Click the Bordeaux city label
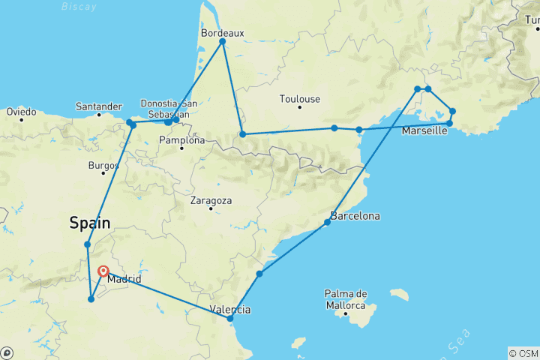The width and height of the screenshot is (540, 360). (x=222, y=33)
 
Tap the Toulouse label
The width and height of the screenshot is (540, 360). (x=299, y=99)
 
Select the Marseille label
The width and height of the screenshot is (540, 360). (x=425, y=131)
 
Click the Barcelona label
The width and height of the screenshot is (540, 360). (x=356, y=216)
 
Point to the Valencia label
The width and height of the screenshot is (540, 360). (x=231, y=309)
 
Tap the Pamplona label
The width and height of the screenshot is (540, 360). (x=181, y=140)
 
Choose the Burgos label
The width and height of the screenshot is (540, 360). (x=103, y=164)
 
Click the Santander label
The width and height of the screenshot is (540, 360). (x=99, y=106)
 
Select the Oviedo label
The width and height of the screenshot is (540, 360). (x=21, y=112)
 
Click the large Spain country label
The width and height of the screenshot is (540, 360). (x=90, y=223)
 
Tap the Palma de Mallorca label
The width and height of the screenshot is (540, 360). (x=345, y=298)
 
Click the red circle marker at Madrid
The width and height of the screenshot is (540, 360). (x=103, y=272)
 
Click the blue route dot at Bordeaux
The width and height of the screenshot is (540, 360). (x=223, y=41)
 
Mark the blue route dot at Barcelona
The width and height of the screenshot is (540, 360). (x=328, y=222)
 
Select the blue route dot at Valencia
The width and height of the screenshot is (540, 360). (x=230, y=319)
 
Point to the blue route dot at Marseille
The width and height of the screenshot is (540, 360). (x=449, y=123)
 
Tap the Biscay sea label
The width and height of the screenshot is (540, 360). (x=79, y=7)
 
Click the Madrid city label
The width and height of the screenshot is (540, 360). (x=124, y=280)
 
